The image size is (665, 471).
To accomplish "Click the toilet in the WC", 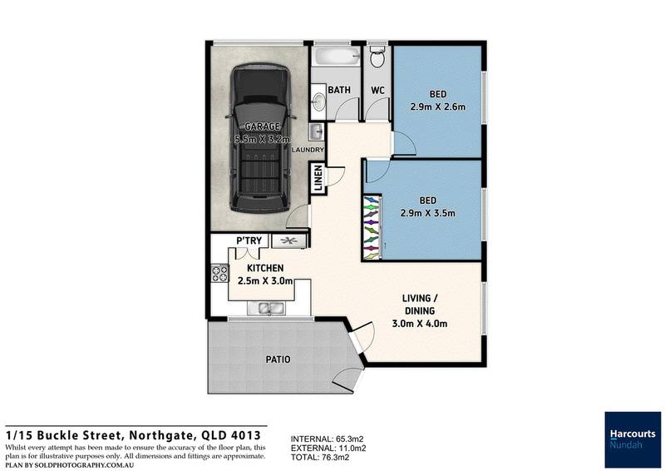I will (x=377, y=57).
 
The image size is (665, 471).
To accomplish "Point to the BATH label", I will (x=339, y=90).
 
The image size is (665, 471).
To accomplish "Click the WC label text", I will (x=377, y=90).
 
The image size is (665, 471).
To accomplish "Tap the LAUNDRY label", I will (x=308, y=150).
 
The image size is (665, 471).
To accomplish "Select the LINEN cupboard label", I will (x=318, y=179).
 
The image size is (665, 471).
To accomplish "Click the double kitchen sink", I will (x=268, y=309).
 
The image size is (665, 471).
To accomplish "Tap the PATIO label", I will (x=278, y=360).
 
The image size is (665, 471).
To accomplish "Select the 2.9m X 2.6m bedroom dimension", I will (x=438, y=107).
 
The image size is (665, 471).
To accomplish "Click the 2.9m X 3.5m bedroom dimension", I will (x=427, y=213).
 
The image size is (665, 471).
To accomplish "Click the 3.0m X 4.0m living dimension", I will (x=421, y=323).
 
